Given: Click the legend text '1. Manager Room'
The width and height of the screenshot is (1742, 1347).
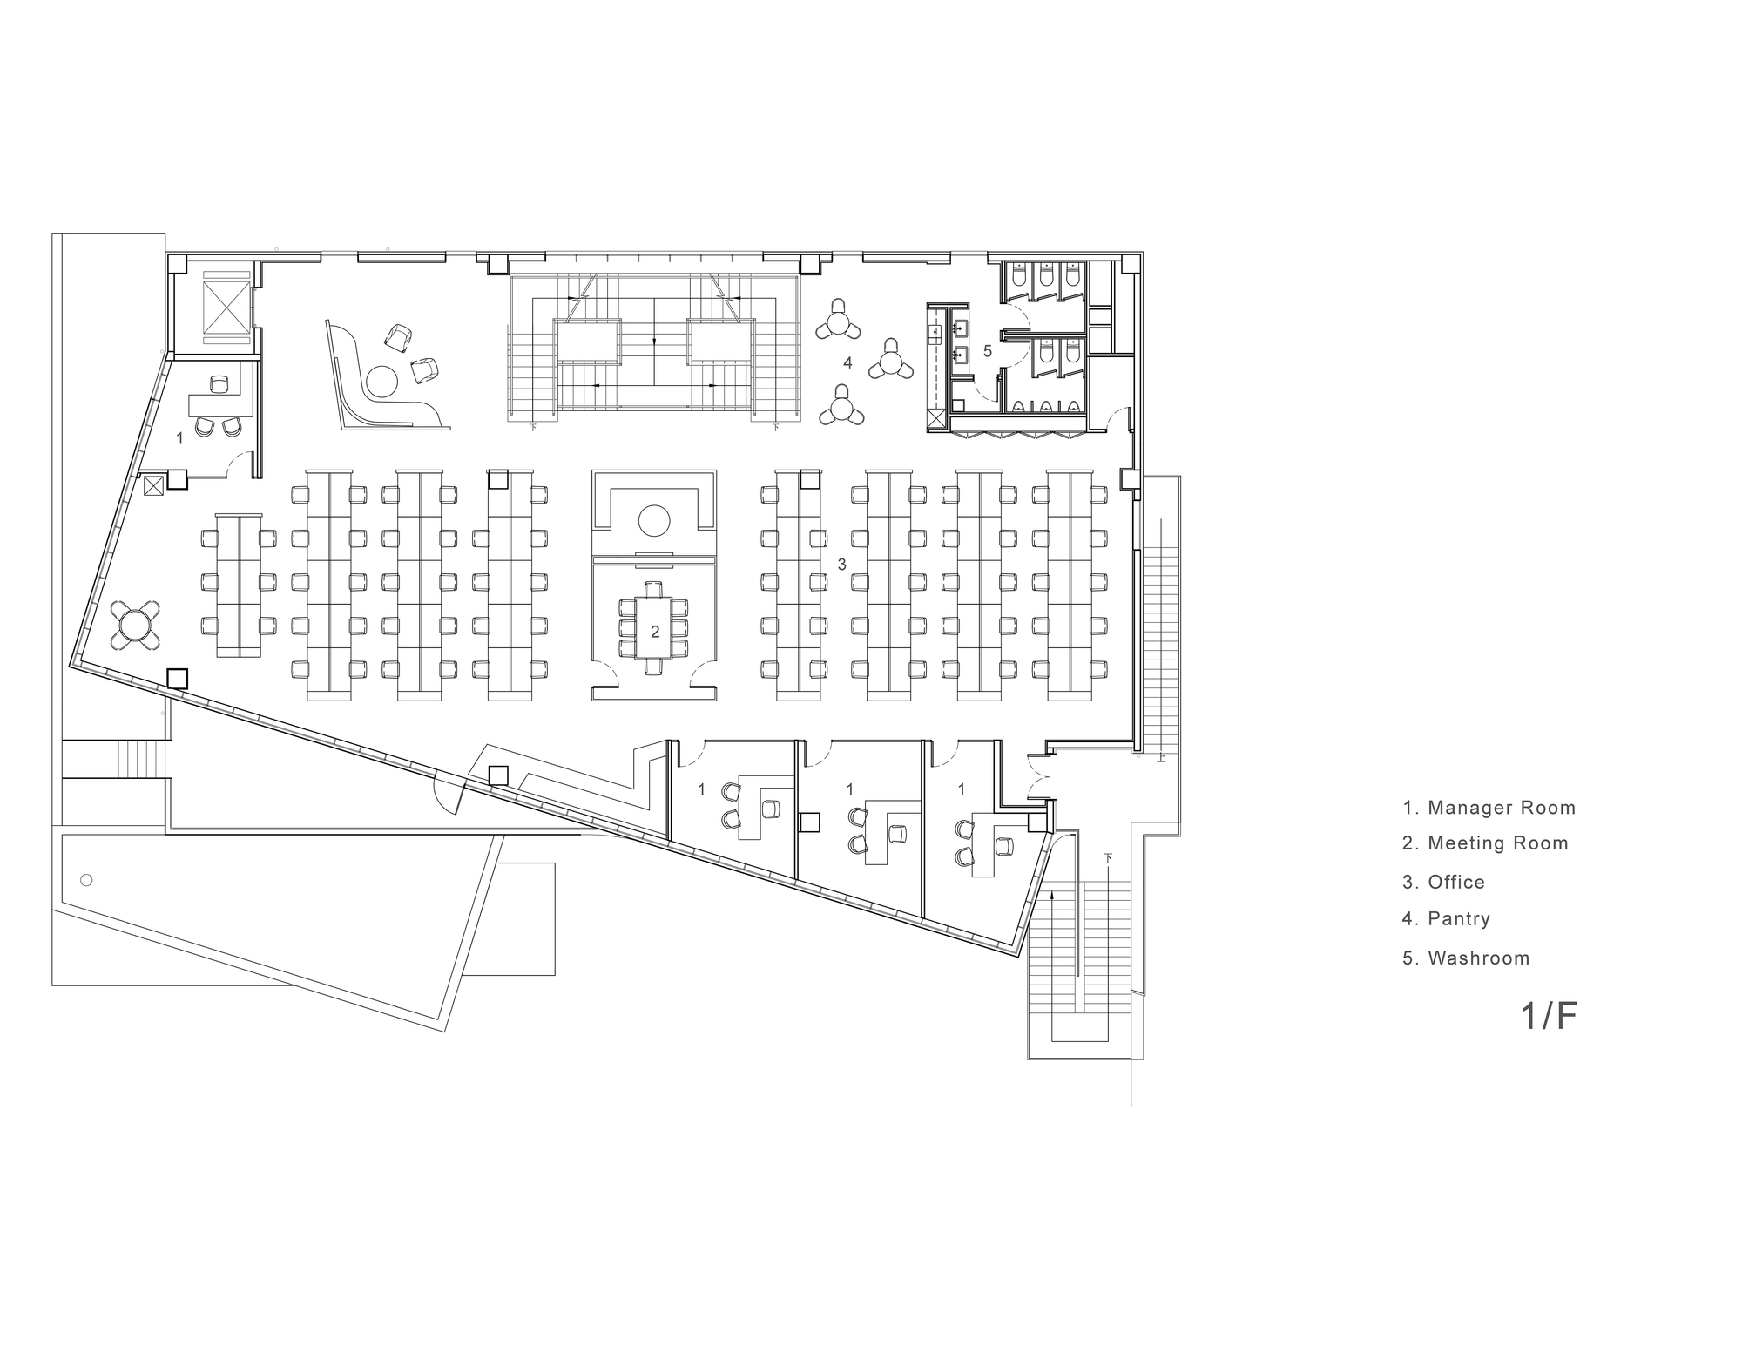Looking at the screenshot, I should (1489, 808).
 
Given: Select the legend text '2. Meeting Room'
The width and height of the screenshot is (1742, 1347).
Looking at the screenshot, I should (1485, 843).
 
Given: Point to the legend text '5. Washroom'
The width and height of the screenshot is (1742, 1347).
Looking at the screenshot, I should (1466, 958).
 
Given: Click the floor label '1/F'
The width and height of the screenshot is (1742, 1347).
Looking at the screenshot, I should (1550, 1016).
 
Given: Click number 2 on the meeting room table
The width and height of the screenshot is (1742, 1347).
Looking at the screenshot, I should (655, 632).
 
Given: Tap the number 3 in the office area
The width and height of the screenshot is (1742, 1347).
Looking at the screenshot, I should (841, 565).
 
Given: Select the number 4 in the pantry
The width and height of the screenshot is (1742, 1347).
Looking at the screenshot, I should (847, 362).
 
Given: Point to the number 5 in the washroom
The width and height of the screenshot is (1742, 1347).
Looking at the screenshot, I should (987, 351).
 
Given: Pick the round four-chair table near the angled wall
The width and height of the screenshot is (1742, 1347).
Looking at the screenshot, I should (136, 624).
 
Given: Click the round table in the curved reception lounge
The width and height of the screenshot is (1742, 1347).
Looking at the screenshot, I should (381, 381).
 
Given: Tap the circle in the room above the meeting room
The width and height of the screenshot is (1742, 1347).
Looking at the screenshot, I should (654, 521).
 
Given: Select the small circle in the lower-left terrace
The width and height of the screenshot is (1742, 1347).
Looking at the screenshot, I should (85, 880).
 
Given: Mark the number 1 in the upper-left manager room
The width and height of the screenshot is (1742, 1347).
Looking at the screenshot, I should (180, 438).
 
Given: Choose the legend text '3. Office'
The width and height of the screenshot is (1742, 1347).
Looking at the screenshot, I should (1443, 882).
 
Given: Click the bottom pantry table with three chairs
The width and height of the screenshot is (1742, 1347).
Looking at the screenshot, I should (841, 406).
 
